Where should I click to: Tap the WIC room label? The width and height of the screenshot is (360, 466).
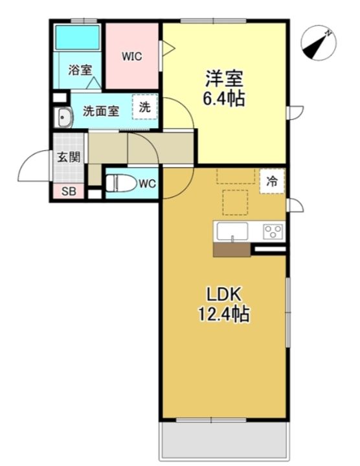(133, 56)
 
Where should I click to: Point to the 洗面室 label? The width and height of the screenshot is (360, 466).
(100, 111)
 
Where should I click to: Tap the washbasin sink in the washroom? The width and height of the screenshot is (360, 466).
(65, 118)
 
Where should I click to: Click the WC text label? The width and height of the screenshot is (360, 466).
(147, 184)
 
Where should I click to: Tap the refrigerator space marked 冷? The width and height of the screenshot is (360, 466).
(273, 182)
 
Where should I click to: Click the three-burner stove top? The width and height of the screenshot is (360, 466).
(273, 230)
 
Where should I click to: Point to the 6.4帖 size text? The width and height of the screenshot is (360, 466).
(225, 100)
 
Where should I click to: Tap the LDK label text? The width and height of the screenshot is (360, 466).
(223, 294)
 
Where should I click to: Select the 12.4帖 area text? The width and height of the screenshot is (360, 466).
(224, 315)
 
